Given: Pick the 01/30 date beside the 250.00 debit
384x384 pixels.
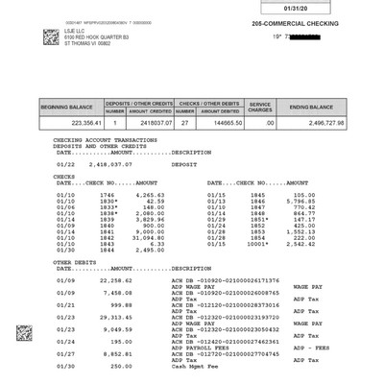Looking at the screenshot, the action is tap(65, 366).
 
